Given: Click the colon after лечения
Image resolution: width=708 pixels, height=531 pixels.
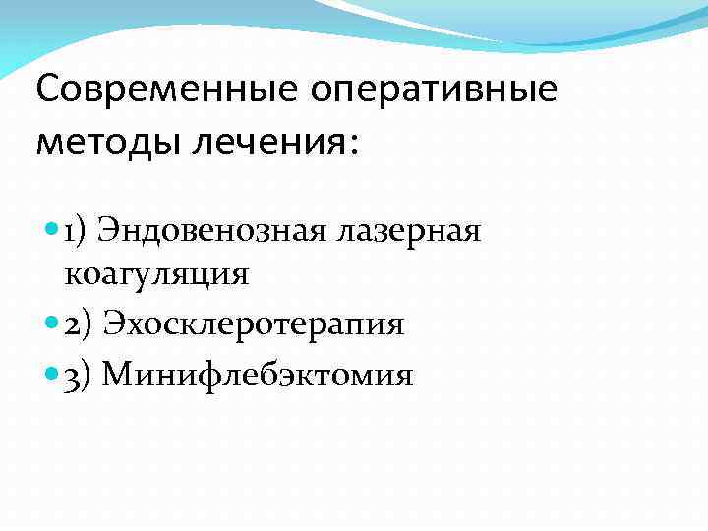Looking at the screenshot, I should point(355,146).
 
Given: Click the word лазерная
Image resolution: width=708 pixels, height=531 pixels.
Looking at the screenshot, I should point(408,233).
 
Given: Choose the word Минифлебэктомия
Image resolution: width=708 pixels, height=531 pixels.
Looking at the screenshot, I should point(258,374).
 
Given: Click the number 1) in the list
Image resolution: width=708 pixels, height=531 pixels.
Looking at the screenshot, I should point(78,233).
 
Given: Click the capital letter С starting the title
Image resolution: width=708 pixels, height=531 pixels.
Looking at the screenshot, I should point(48,91).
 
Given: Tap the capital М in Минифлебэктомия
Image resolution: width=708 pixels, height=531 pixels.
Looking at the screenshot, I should point(115,374).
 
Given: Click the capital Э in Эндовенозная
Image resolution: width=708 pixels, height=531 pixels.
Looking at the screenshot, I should point(111,233).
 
